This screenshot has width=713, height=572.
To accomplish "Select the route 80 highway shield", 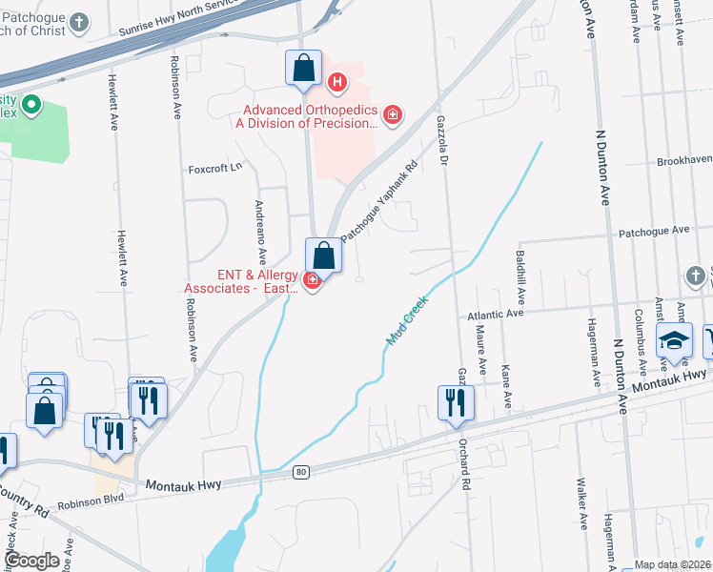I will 301,471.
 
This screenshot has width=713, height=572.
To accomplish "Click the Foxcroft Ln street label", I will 215,167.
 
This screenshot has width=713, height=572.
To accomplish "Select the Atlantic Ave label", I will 496,313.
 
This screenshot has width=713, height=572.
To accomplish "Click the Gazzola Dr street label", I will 441,139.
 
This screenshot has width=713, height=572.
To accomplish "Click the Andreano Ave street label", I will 260,233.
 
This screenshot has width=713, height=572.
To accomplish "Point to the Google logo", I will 31,561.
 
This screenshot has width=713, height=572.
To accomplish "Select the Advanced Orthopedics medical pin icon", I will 391,115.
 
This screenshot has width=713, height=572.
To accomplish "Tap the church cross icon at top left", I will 80,21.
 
